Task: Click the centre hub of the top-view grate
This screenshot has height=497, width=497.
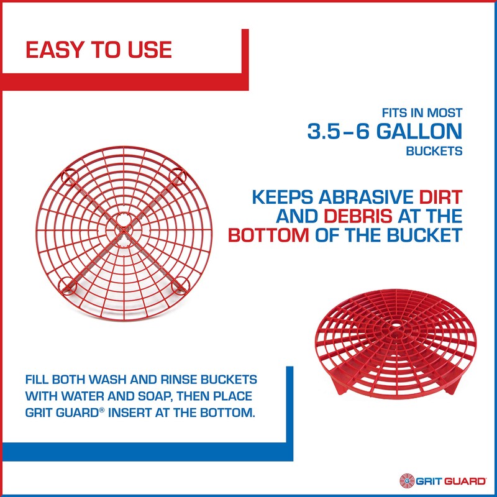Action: tap(124, 229)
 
